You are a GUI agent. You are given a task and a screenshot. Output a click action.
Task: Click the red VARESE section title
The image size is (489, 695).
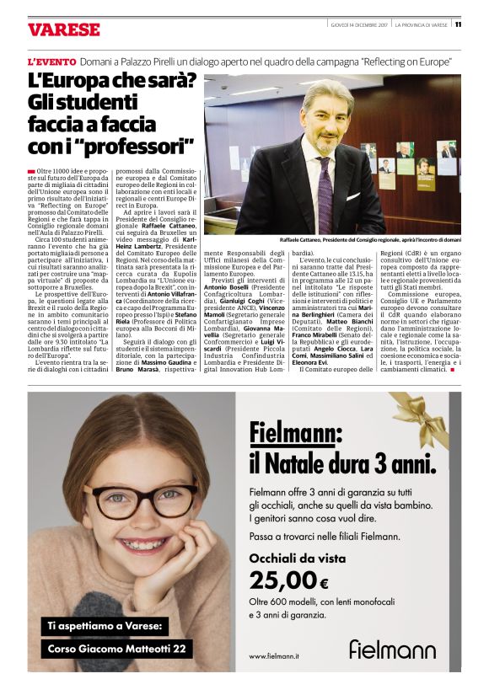[x=64, y=29]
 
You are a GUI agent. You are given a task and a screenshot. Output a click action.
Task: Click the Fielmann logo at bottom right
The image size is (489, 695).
[x=392, y=649]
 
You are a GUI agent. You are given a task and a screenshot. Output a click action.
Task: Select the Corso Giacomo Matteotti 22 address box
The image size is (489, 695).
[x=118, y=650]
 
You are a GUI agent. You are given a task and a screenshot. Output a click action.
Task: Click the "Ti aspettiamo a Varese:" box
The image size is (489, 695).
[x=105, y=625]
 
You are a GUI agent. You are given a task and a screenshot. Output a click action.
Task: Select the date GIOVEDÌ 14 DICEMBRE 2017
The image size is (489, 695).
[x=357, y=25]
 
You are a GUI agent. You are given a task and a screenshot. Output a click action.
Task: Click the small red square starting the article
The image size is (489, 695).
[x=31, y=172]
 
